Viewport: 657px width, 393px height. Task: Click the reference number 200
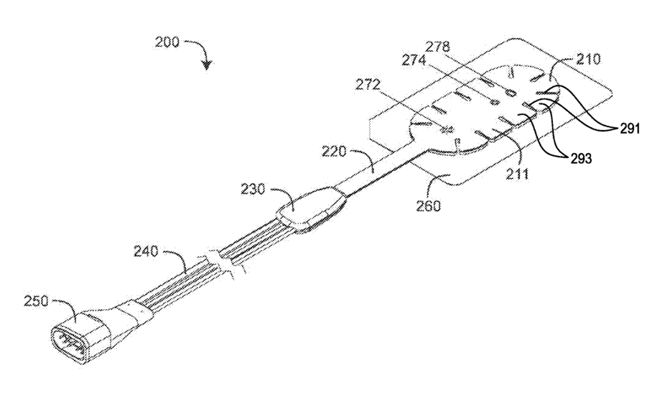pyautogui.click(x=168, y=41)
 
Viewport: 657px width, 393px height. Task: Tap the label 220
pyautogui.click(x=334, y=152)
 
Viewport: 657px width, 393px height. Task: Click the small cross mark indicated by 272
pyautogui.click(x=445, y=129)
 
